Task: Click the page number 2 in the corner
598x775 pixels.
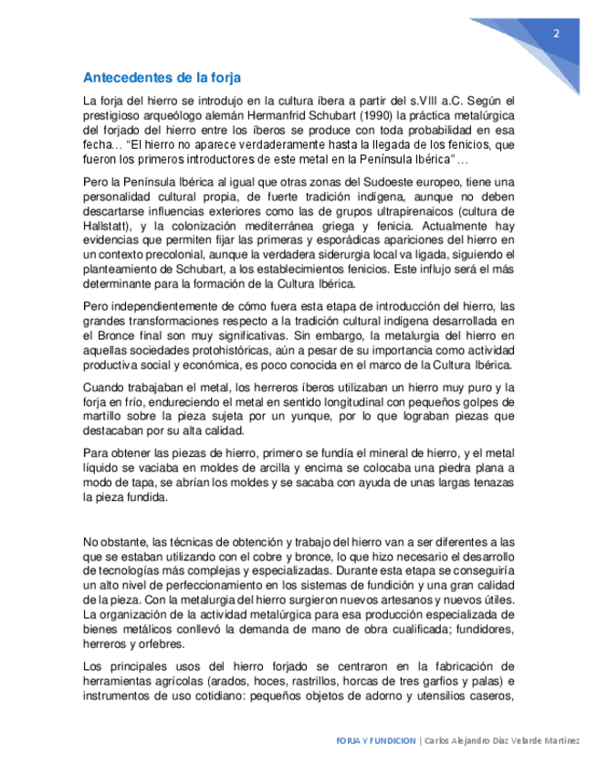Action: click(x=556, y=34)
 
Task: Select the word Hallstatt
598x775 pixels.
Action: click(x=109, y=225)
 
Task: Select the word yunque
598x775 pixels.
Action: click(x=320, y=417)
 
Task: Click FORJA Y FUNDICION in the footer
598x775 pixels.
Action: click(x=375, y=740)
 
